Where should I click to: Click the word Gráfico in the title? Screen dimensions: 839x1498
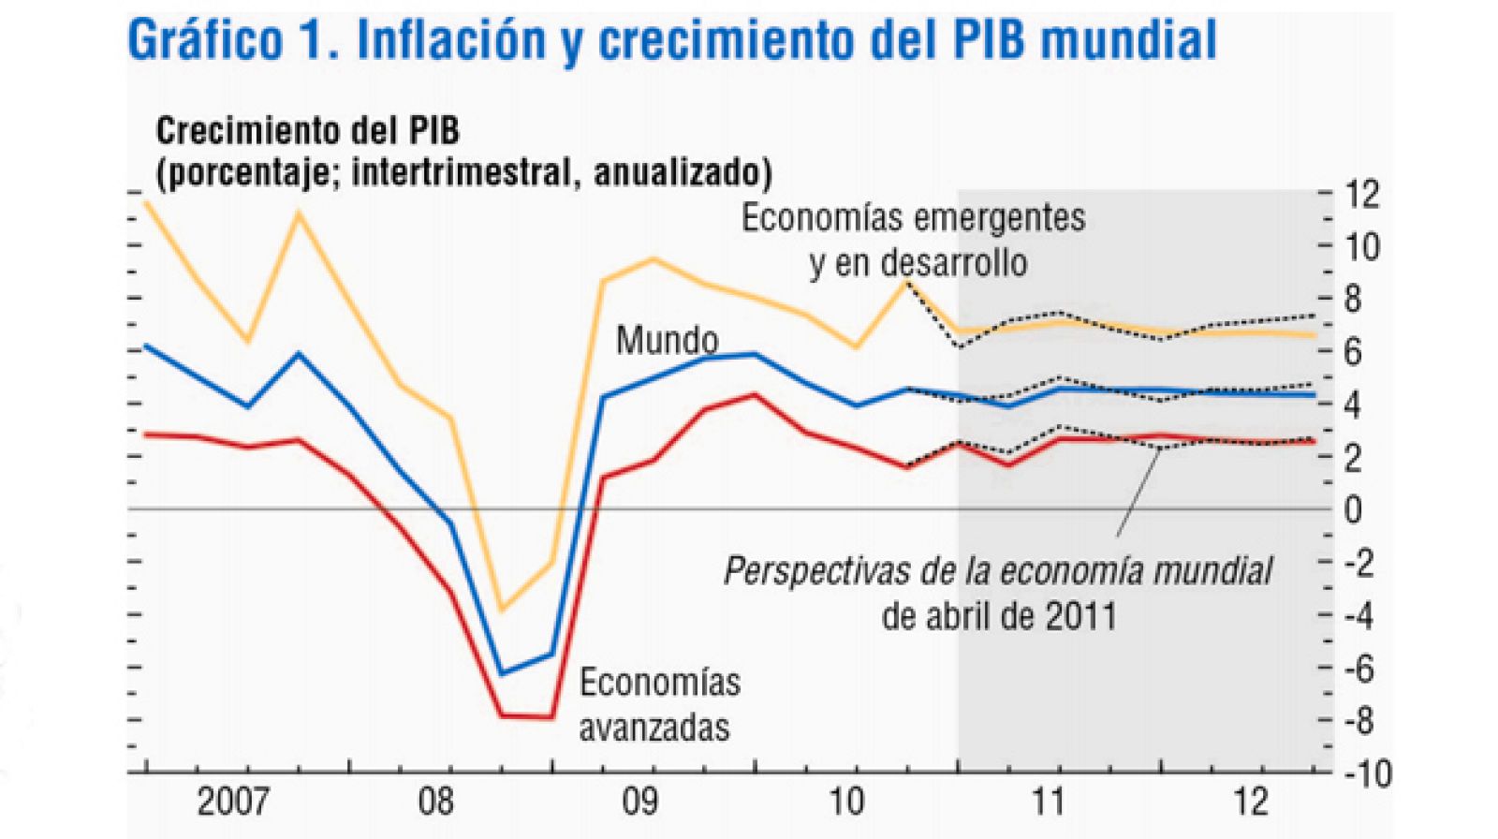205,40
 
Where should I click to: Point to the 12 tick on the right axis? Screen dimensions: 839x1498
1361,194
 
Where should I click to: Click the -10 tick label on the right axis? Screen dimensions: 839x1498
1367,773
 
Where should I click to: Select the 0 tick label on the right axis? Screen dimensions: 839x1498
1353,510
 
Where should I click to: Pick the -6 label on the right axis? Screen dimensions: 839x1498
1358,669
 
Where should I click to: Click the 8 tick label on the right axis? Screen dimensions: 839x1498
1353,300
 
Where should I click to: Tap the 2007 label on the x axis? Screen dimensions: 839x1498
233,802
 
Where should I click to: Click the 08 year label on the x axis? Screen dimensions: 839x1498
435,802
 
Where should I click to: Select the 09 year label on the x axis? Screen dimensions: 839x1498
639,802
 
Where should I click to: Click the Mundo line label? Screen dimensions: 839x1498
667,340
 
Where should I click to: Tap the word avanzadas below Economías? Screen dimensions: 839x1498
654,727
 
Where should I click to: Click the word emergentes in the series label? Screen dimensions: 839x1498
997,217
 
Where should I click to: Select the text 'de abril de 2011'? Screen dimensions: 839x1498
998,616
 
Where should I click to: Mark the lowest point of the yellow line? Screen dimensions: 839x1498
502,611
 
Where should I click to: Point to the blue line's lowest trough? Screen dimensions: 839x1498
503,673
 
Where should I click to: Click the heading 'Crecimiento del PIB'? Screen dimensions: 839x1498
307,130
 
